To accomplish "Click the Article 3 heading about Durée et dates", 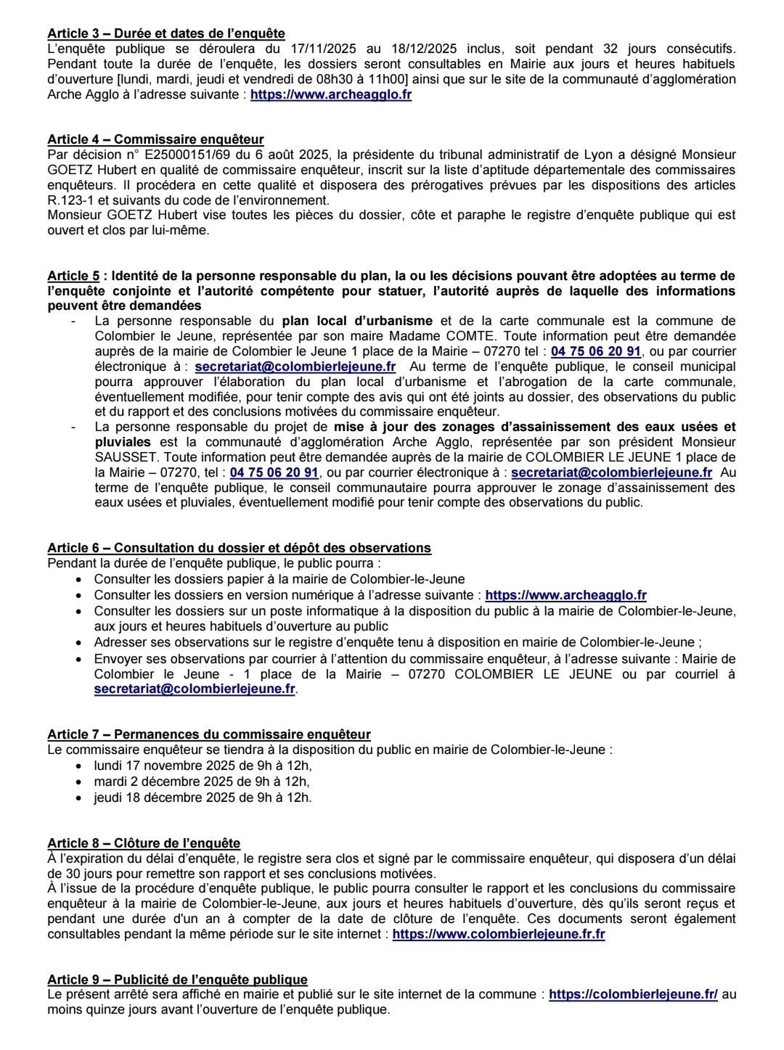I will point(166,33).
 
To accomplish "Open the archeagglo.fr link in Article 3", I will point(331,94).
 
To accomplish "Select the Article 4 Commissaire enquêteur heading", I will point(155,139).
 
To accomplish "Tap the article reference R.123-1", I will point(72,200).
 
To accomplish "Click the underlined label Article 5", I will point(73,276).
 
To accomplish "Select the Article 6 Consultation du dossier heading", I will point(239,548).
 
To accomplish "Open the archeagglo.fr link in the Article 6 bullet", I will point(565,595).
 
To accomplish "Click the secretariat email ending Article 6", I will point(195,689).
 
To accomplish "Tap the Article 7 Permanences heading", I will point(209,734).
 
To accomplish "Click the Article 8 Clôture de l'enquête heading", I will point(144,843).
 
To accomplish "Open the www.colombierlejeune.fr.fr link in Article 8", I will point(499,934).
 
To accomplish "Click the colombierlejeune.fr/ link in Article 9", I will point(633,994).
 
